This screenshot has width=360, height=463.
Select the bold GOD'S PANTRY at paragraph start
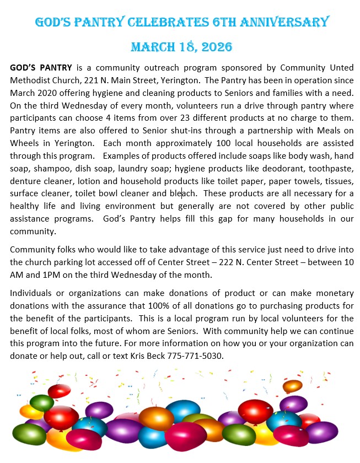pos(41,68)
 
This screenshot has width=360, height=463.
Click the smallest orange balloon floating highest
pos(292,386)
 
